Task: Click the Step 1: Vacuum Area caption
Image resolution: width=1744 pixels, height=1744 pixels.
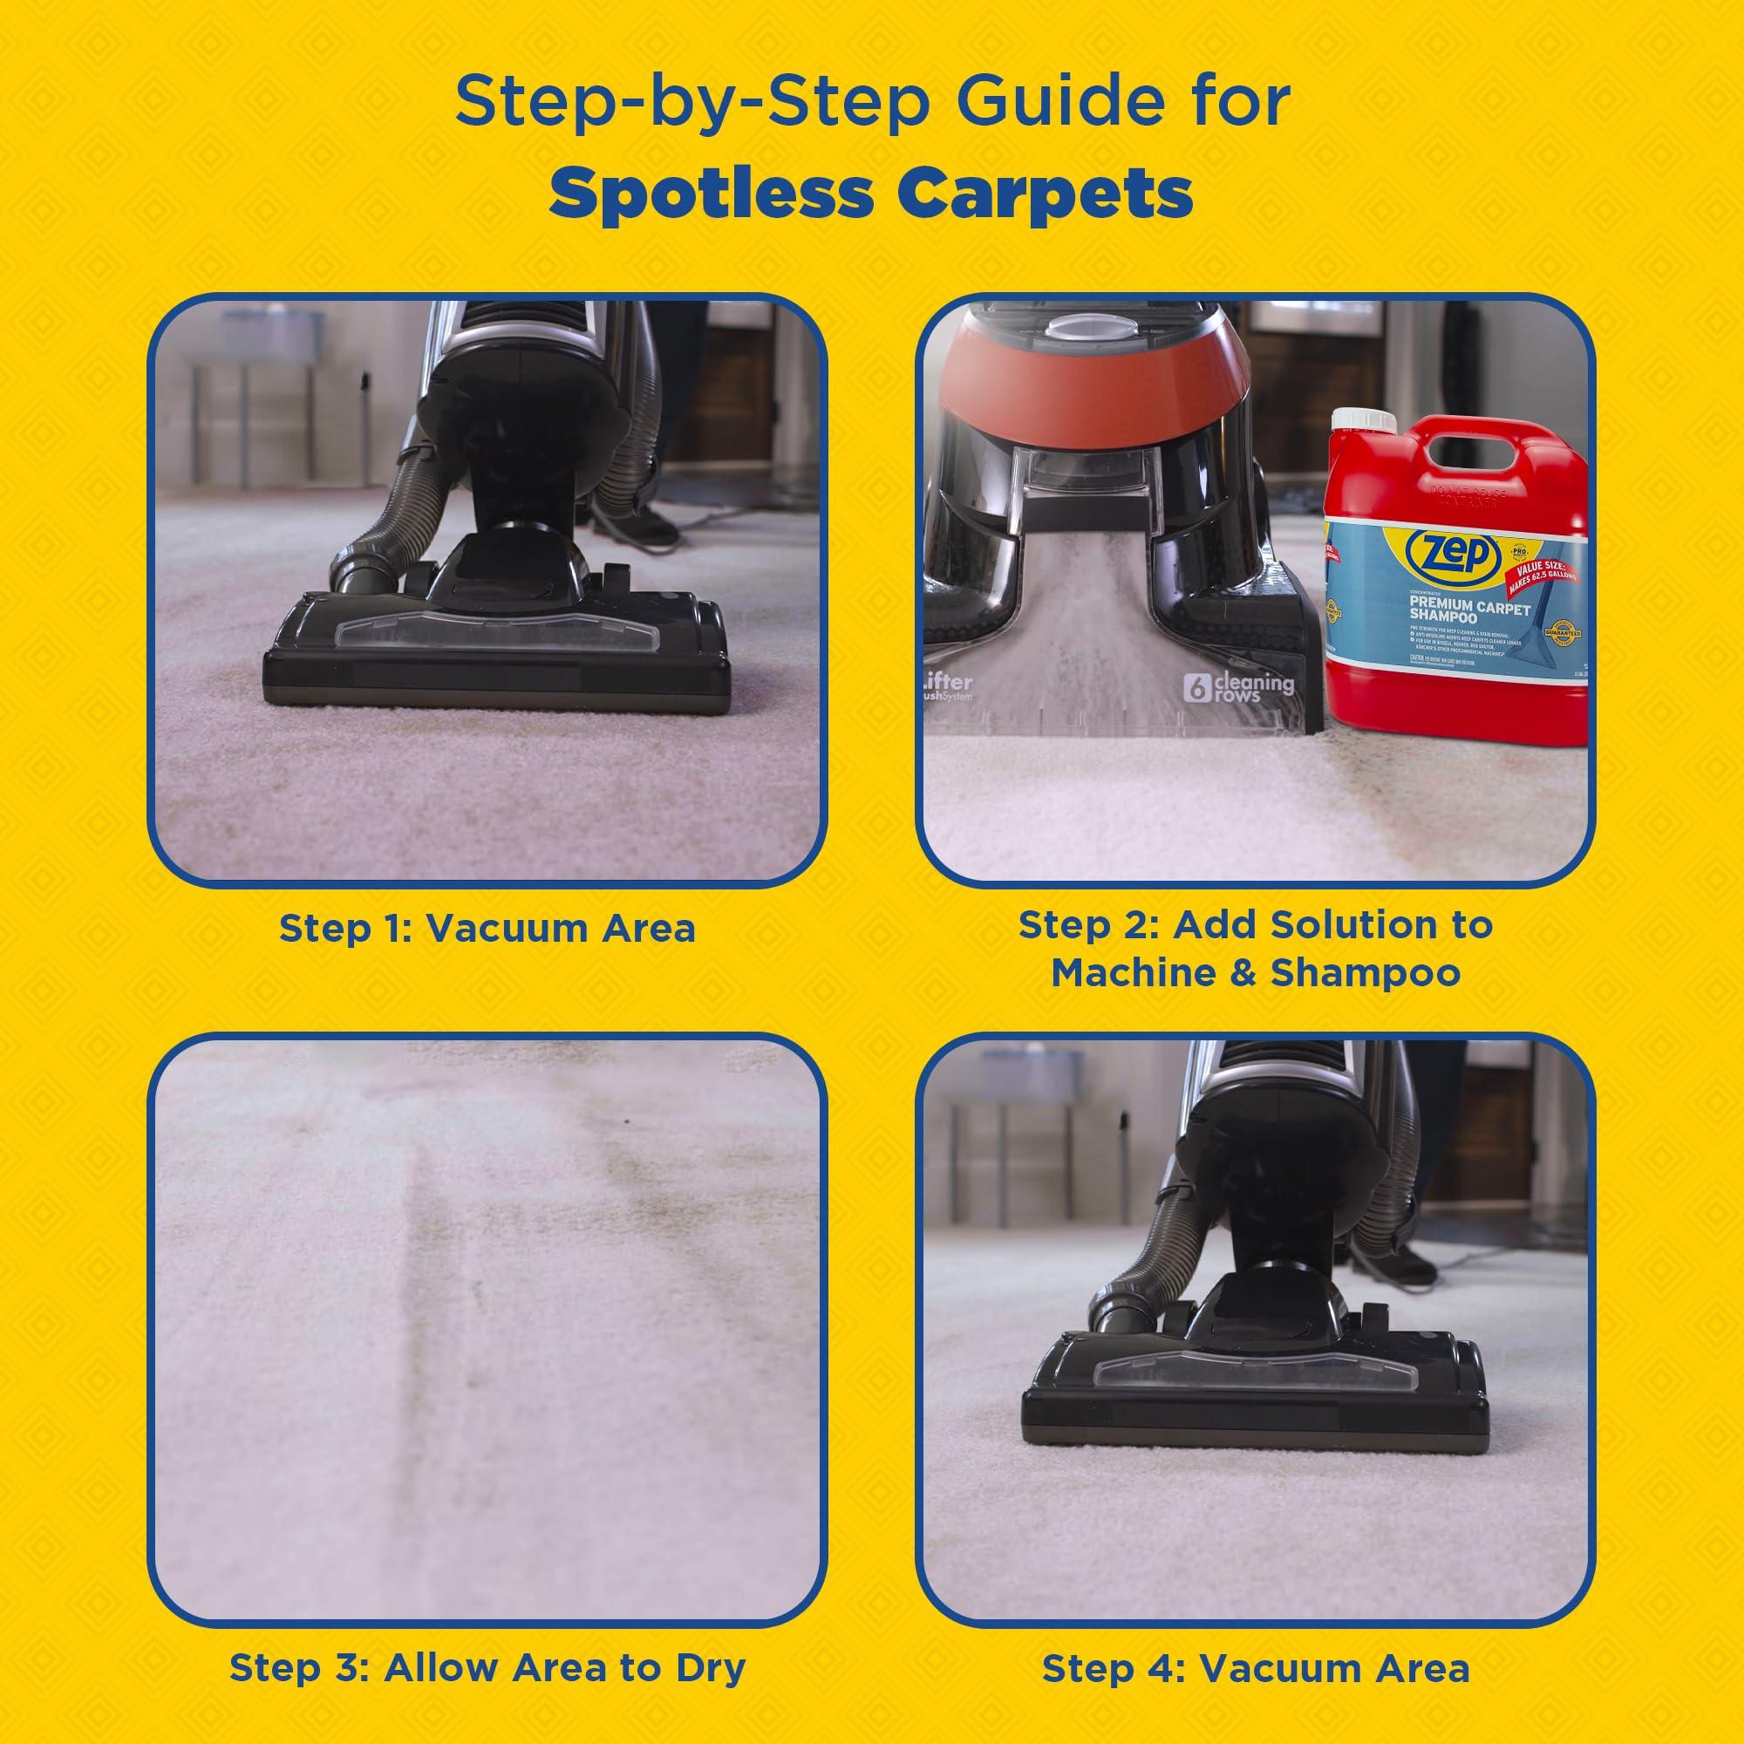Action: pos(487,927)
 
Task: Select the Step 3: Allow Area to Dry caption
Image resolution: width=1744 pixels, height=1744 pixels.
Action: pos(487,1642)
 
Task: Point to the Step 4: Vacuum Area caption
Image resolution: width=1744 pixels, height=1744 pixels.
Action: pos(1256,1642)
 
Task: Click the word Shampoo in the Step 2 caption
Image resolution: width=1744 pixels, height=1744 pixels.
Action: pos(1365,973)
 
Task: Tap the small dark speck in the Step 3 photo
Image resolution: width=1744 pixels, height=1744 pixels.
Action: pos(625,1124)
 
